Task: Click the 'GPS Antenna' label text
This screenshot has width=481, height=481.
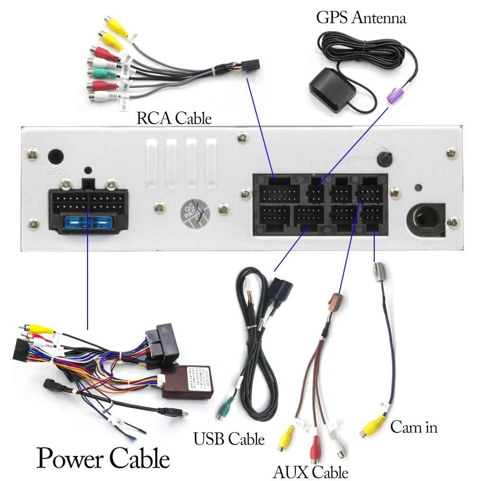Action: (x=361, y=18)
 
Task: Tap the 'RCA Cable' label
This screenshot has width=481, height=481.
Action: (x=174, y=118)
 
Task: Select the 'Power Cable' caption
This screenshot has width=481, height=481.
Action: (x=103, y=458)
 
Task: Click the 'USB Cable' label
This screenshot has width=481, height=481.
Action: (x=228, y=439)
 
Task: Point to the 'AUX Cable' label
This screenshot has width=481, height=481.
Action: (x=310, y=471)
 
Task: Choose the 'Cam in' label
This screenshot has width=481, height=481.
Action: (x=414, y=427)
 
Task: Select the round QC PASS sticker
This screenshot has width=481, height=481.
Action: (x=195, y=213)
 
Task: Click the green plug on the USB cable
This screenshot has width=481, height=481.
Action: (x=225, y=410)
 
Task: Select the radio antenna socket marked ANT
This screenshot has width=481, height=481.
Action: (x=426, y=220)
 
